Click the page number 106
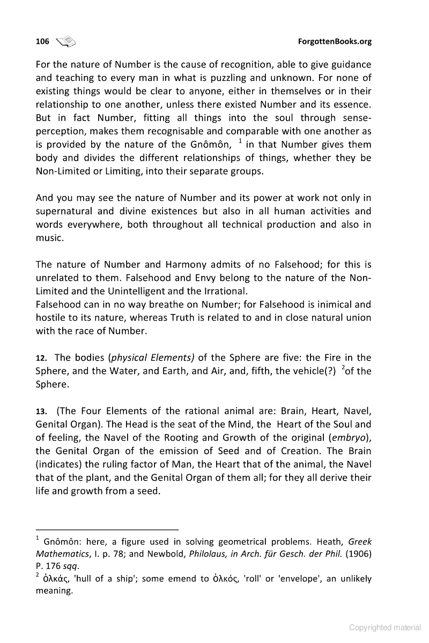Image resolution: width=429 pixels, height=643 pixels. tap(42, 41)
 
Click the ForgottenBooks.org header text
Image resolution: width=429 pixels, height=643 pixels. tap(334, 41)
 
